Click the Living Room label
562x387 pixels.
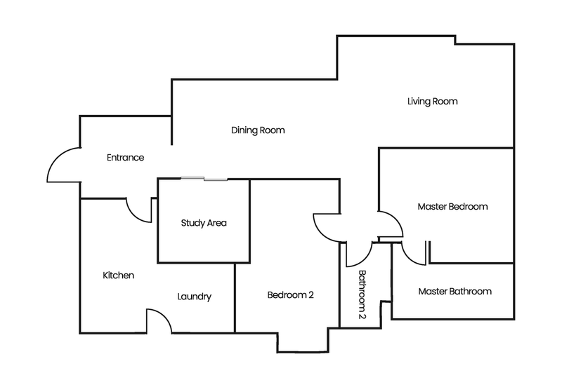coord(433,102)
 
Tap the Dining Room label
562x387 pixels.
coord(258,130)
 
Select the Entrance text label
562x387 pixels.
coord(125,158)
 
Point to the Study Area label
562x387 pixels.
coord(204,224)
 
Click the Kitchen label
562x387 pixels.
coord(118,276)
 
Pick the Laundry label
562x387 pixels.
coord(194,297)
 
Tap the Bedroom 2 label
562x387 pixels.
coord(290,295)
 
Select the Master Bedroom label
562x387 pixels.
coord(452,207)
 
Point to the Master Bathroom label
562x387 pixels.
coord(455,291)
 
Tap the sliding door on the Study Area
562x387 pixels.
coord(204,179)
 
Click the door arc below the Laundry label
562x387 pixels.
coord(159,319)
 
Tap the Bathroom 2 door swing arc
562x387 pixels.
coord(358,254)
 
